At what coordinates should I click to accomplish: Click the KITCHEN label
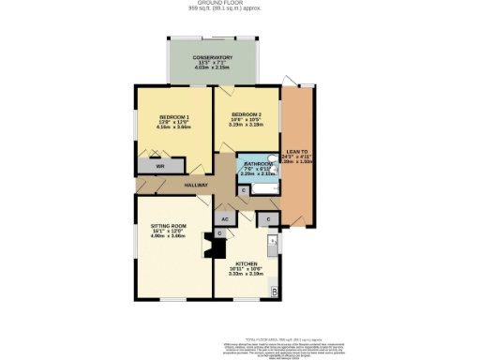click(246, 264)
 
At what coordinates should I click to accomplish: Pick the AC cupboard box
click(225, 218)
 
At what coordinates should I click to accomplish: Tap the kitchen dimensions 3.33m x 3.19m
click(246, 275)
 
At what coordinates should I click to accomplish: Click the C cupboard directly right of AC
click(267, 219)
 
